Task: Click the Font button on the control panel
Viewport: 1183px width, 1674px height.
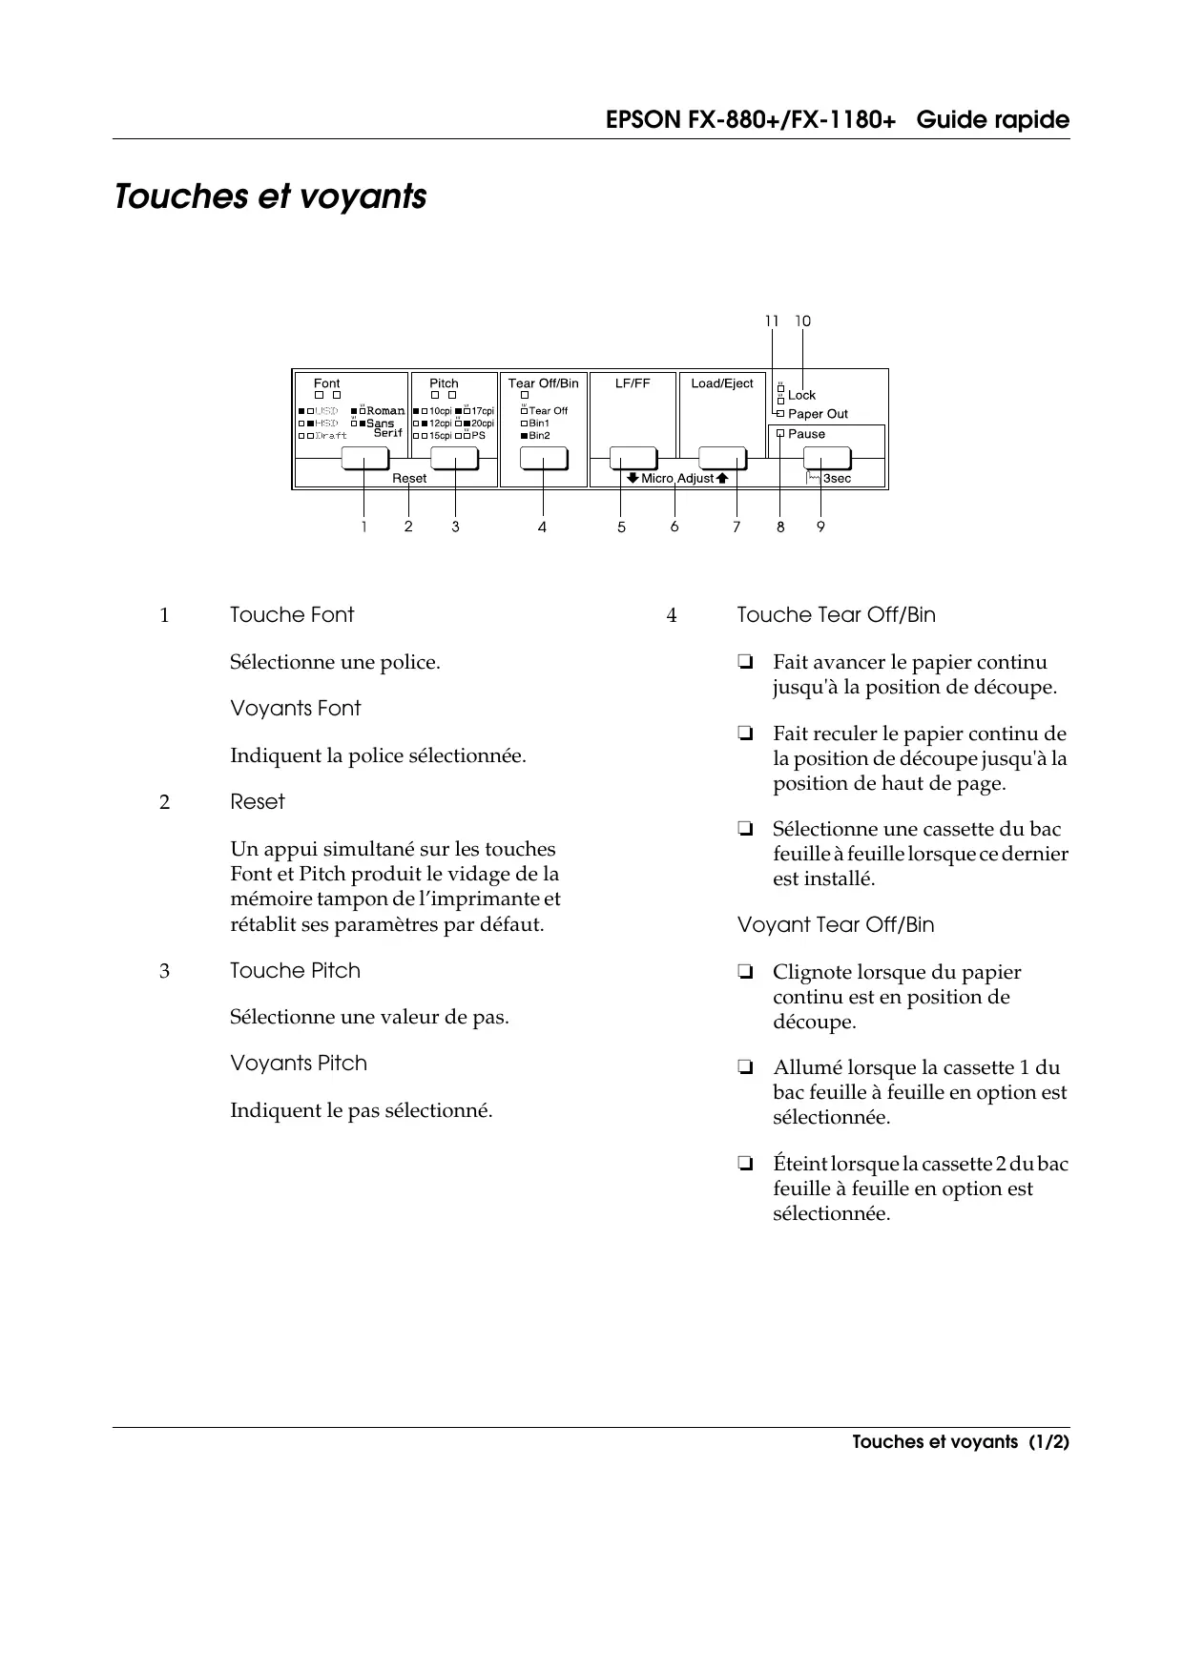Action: pos(363,459)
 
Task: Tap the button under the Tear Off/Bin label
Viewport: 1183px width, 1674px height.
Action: pos(543,459)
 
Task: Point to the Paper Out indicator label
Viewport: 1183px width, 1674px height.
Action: pos(817,414)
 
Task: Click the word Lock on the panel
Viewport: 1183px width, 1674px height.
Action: pos(801,395)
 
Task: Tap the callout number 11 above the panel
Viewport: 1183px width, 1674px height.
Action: pos(772,321)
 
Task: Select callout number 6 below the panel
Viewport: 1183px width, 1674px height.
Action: pos(675,527)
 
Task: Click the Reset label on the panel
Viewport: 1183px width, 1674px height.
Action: pos(409,479)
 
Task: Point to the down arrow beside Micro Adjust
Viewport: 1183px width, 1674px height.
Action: pos(632,478)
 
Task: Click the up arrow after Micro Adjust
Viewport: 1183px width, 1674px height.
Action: pos(722,478)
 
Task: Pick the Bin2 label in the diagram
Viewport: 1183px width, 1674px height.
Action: pos(539,436)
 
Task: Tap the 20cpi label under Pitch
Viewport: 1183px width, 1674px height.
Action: pos(483,424)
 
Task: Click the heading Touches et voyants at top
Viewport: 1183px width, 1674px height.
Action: pos(270,196)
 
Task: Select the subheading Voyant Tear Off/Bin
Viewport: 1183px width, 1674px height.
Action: pos(836,925)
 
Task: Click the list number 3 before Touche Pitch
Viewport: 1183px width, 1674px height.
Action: pos(164,971)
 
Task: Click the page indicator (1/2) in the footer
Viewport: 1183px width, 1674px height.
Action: pos(1048,1442)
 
